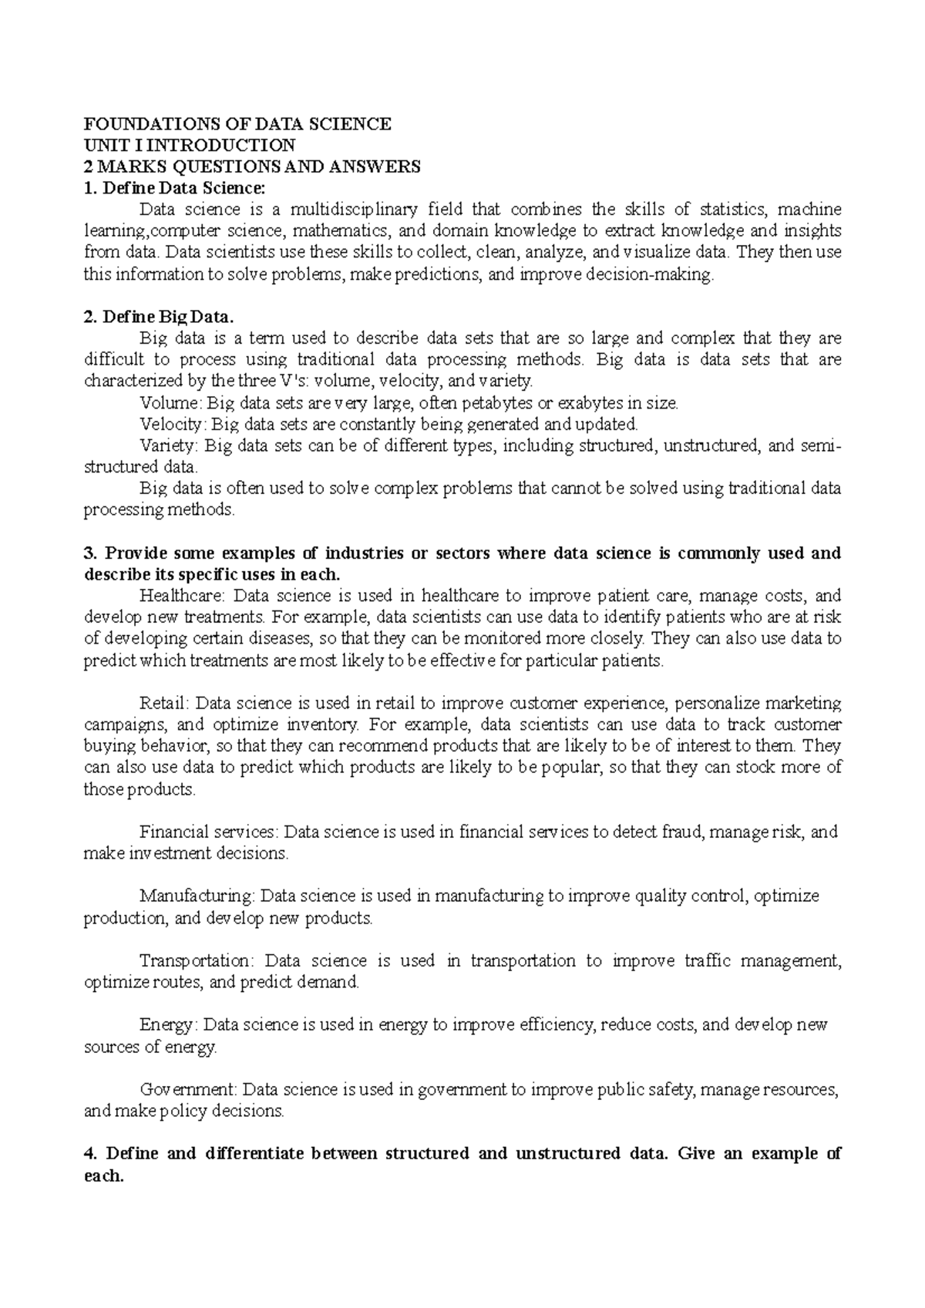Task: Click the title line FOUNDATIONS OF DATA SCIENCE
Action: (237, 123)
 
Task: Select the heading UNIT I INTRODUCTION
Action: (189, 145)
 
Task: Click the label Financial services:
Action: (210, 832)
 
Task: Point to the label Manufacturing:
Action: (197, 896)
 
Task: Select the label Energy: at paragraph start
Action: (169, 1025)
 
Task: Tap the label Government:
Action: (188, 1090)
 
